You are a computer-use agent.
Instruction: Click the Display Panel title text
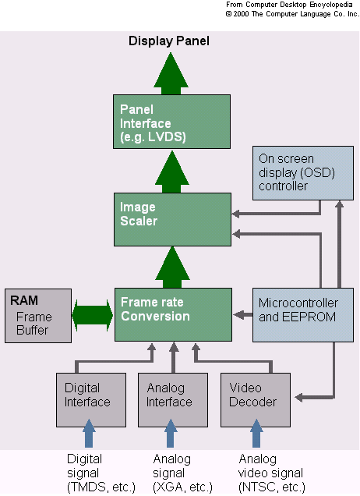[x=169, y=41]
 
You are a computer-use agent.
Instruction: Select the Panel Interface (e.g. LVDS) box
[x=171, y=122]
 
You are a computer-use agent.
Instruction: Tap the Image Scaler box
[x=172, y=219]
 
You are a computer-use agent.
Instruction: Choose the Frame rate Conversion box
[x=173, y=314]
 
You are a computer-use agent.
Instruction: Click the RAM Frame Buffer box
[x=38, y=316]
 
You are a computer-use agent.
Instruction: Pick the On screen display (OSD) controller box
[x=303, y=172]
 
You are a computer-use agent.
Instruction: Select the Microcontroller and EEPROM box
[x=303, y=315]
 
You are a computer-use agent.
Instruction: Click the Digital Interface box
[x=91, y=400]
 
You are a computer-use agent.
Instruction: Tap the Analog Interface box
[x=173, y=400]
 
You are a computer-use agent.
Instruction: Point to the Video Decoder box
[x=255, y=400]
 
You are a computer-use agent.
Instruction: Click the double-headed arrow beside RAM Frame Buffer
[x=93, y=315]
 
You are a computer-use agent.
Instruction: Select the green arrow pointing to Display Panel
[x=171, y=73]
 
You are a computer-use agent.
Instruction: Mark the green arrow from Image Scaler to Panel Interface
[x=171, y=172]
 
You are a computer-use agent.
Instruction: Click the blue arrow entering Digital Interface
[x=89, y=433]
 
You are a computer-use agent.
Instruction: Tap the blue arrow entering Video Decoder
[x=256, y=433]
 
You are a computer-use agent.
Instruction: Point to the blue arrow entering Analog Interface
[x=171, y=433]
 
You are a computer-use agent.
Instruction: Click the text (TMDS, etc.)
[x=101, y=487]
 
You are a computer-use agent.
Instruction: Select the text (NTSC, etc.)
[x=272, y=487]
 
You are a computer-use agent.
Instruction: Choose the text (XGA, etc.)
[x=182, y=487]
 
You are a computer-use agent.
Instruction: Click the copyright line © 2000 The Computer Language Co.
[x=292, y=14]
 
